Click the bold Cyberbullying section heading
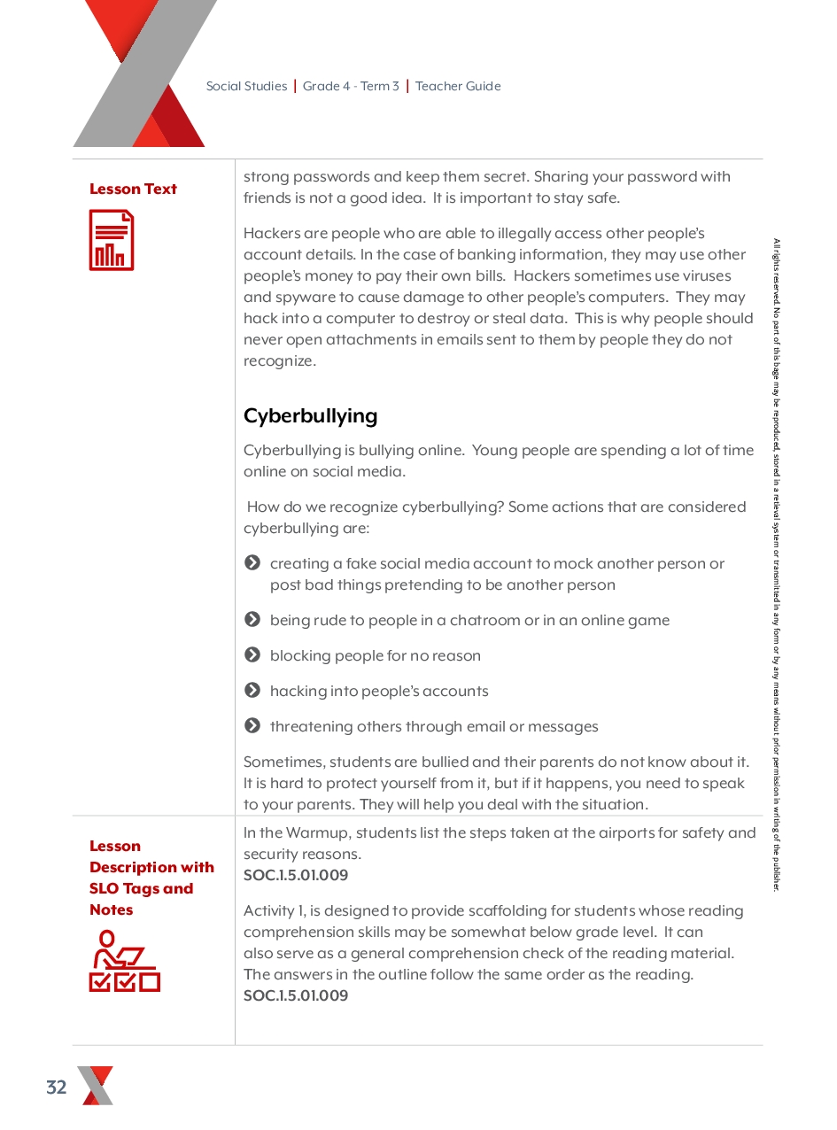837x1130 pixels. tap(310, 416)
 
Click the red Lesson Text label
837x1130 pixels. tap(133, 189)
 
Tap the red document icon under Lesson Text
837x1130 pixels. tap(112, 240)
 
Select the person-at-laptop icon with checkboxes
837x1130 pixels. tap(124, 961)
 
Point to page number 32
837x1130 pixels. tap(57, 1087)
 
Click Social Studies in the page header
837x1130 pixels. tap(246, 86)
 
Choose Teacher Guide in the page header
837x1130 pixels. tap(458, 86)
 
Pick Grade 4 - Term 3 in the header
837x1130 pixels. tap(351, 86)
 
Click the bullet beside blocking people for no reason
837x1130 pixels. tap(252, 655)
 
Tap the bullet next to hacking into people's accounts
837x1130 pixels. tap(252, 691)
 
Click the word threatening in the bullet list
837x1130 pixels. tap(311, 726)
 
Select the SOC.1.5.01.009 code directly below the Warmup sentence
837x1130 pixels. tap(296, 875)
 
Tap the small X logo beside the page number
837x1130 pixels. tap(96, 1086)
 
